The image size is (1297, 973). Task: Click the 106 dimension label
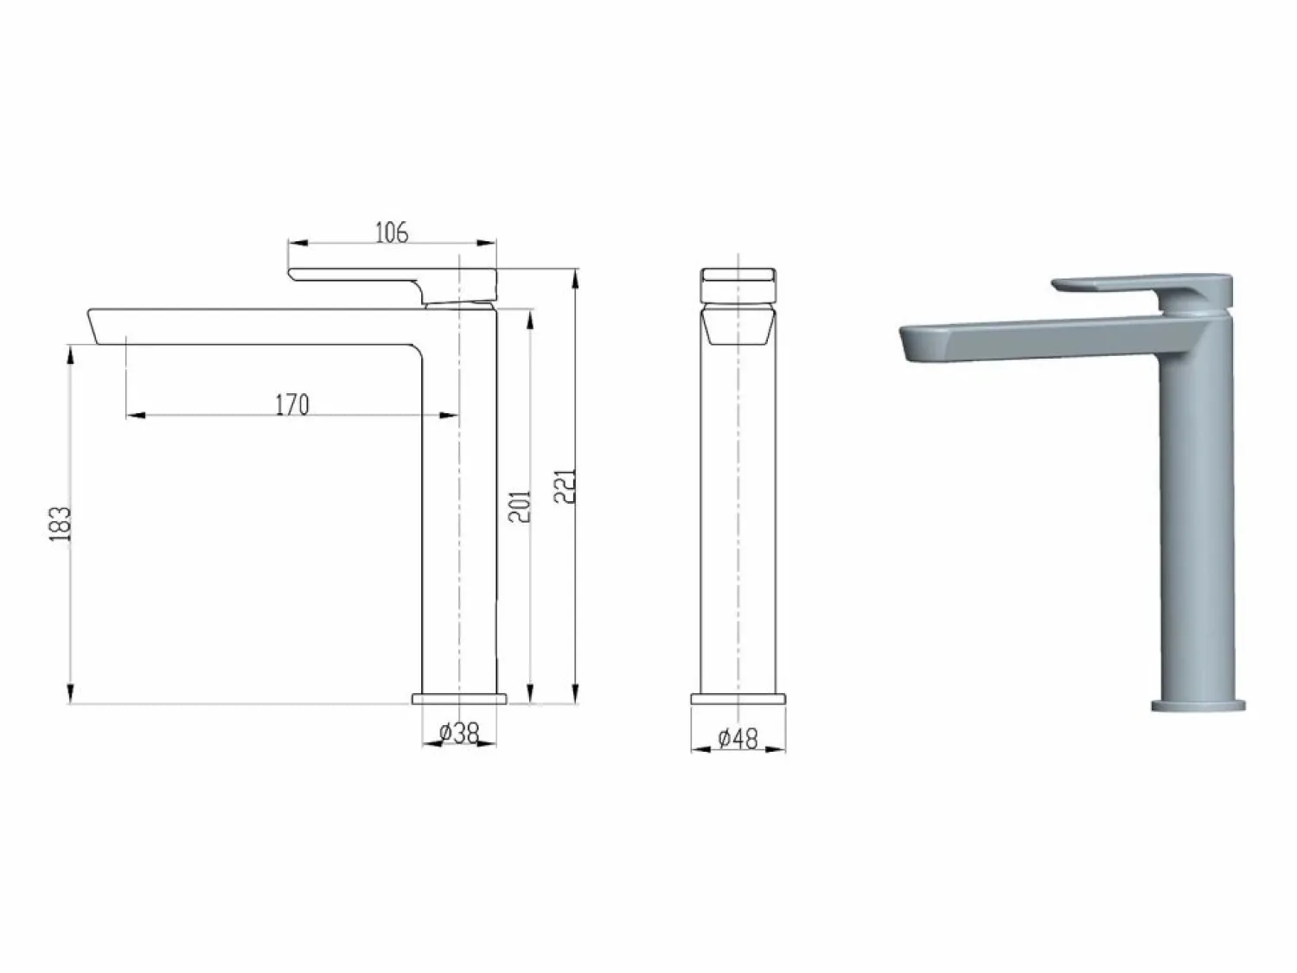(392, 232)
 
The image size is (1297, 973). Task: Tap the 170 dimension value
(292, 404)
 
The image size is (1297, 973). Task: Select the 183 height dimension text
(60, 524)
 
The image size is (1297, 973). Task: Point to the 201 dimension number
(520, 506)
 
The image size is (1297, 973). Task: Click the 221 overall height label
(565, 487)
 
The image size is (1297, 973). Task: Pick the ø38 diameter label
(459, 734)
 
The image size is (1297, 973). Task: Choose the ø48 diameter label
(738, 739)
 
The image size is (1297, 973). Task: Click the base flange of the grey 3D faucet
(1198, 704)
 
